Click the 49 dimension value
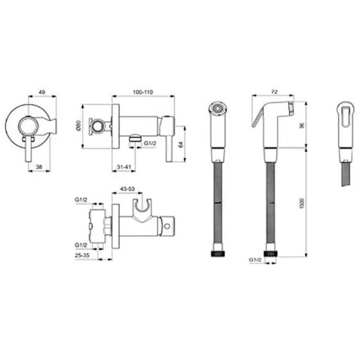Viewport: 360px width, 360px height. tap(42, 92)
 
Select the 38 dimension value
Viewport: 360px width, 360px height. tap(39, 167)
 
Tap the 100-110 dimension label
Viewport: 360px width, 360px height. tap(143, 92)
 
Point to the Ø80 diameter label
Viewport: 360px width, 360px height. tap(78, 125)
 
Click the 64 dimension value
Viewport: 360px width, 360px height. tap(181, 145)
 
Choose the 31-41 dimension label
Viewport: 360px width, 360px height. tap(124, 167)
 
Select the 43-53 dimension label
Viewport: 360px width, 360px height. tap(127, 189)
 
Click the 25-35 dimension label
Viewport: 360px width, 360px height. tap(82, 255)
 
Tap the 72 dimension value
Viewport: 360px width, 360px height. tap(274, 92)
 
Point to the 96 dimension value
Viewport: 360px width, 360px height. tap(302, 125)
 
